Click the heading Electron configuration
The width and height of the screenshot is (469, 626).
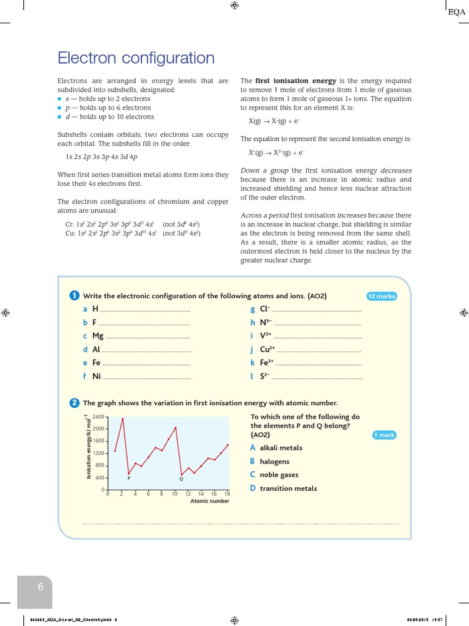[x=136, y=58]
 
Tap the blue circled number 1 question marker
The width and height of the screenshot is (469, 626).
[x=75, y=296]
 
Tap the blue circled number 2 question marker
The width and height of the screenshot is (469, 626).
[x=75, y=403]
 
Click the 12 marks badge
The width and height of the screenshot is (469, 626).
[x=382, y=296]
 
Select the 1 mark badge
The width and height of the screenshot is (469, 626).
[x=384, y=435]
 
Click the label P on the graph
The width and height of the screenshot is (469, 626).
[x=128, y=478]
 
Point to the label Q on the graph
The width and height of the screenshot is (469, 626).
[x=181, y=478]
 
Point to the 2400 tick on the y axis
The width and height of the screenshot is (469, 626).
[x=98, y=417]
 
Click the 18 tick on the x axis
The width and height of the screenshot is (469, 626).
[x=227, y=494]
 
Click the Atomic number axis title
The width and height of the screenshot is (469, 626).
[x=209, y=501]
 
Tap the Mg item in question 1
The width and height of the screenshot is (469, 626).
[x=98, y=336]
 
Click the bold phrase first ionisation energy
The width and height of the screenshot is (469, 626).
[x=296, y=81]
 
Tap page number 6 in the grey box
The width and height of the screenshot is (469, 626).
[x=41, y=587]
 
